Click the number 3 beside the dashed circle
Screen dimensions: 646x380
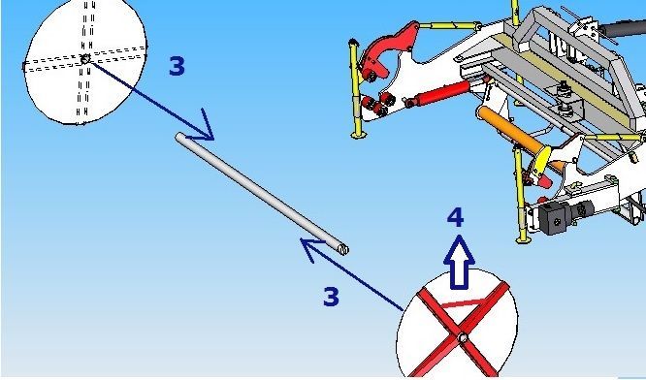click(177, 66)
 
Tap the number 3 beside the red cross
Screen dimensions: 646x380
click(331, 297)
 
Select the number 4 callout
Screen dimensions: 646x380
click(456, 217)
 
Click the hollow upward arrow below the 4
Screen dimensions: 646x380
click(460, 262)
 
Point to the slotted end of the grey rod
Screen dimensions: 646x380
click(343, 249)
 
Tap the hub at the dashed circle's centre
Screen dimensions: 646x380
click(85, 59)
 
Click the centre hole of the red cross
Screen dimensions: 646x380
click(463, 338)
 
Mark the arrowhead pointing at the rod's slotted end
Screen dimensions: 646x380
click(312, 248)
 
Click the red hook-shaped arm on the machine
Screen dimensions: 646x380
click(386, 48)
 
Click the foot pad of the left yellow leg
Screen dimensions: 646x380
click(359, 135)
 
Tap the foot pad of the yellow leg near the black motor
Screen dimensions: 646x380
click(523, 239)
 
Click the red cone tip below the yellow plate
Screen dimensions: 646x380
click(544, 180)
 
